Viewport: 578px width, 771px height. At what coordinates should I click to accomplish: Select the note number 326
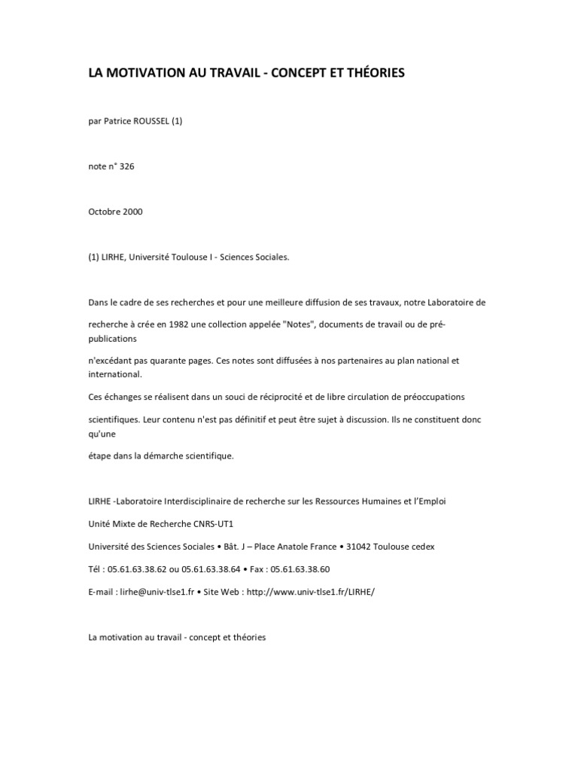click(x=126, y=166)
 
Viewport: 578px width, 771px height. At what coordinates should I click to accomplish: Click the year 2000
click(x=134, y=212)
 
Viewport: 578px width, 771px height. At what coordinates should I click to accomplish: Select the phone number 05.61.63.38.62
click(x=144, y=569)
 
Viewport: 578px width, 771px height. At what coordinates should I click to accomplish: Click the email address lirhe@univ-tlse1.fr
click(x=162, y=592)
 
